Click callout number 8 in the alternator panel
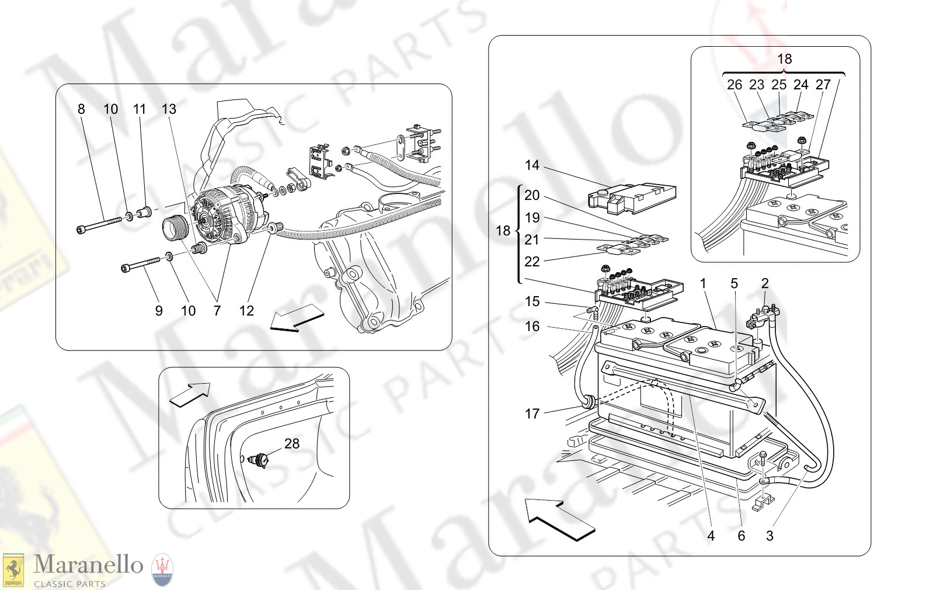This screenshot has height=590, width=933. pos(81,109)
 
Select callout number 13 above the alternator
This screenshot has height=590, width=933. pos(169,109)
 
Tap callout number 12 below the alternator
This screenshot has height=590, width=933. pos(246,311)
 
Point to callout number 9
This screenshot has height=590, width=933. pos(159,311)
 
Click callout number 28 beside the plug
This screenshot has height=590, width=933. pos(292,444)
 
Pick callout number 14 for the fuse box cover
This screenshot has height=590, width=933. pos(532,165)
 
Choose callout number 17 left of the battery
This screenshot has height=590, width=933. pos(532,414)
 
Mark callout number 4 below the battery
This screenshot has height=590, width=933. pos(711,536)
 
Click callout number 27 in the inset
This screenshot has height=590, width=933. pos(823,85)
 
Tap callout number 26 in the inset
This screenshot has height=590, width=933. pos(734,85)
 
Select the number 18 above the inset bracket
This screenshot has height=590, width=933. pos(785,59)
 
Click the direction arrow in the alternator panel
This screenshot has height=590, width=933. pos(297,318)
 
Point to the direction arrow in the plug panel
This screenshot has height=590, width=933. pos(190,394)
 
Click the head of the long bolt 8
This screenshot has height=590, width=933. pos(81,230)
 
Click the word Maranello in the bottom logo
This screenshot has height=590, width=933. pos(88,564)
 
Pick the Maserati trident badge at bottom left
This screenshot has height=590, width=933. pos(162,570)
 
